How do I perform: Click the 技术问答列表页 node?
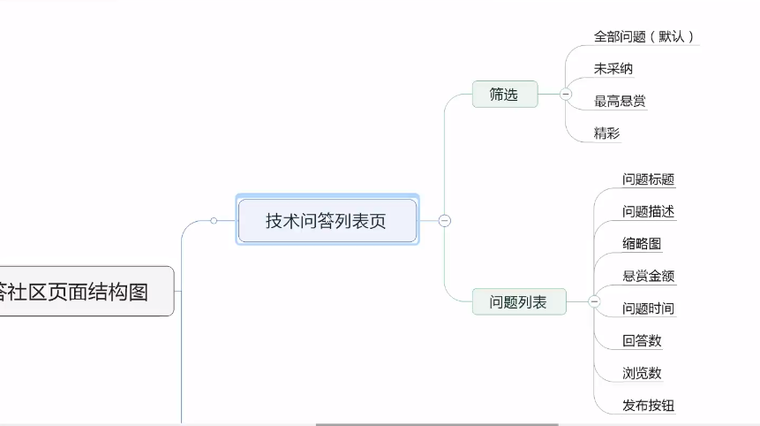tap(327, 221)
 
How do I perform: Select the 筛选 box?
tap(504, 94)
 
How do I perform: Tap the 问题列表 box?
tap(518, 302)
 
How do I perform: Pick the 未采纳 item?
tap(613, 68)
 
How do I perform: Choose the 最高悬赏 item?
tap(620, 101)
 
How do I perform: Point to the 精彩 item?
tap(606, 133)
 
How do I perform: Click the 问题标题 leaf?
tap(648, 179)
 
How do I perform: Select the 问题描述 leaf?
tap(648, 211)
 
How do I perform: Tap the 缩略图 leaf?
tap(642, 244)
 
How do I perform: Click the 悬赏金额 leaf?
tap(648, 276)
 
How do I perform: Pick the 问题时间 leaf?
tap(648, 308)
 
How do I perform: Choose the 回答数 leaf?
tap(642, 340)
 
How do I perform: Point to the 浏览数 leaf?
tap(642, 373)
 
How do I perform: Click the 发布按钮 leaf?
tap(648, 406)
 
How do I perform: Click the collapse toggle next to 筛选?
tap(565, 94)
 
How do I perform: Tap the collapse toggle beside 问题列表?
tap(594, 302)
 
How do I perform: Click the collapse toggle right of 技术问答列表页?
tap(445, 221)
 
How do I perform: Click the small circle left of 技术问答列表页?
tap(214, 221)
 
